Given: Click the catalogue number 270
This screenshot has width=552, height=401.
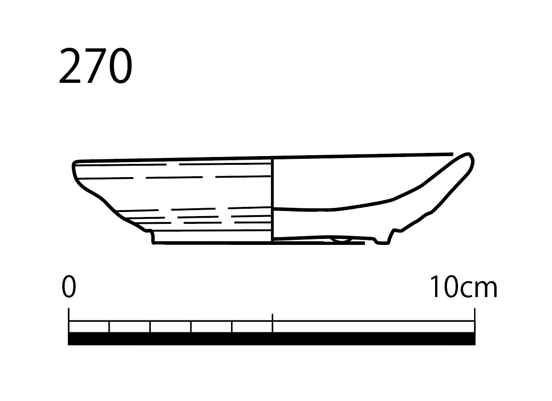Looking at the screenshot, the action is (x=96, y=65).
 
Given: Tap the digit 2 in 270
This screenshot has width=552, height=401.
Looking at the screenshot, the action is (x=70, y=65).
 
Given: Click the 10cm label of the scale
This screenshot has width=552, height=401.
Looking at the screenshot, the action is (x=464, y=287).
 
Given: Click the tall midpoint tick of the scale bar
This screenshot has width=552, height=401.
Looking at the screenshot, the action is (x=272, y=323).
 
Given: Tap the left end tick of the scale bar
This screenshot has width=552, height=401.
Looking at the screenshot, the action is (x=69, y=320).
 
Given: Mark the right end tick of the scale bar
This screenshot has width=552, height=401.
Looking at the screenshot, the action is (x=475, y=320).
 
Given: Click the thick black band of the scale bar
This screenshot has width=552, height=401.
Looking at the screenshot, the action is (x=271, y=338).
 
